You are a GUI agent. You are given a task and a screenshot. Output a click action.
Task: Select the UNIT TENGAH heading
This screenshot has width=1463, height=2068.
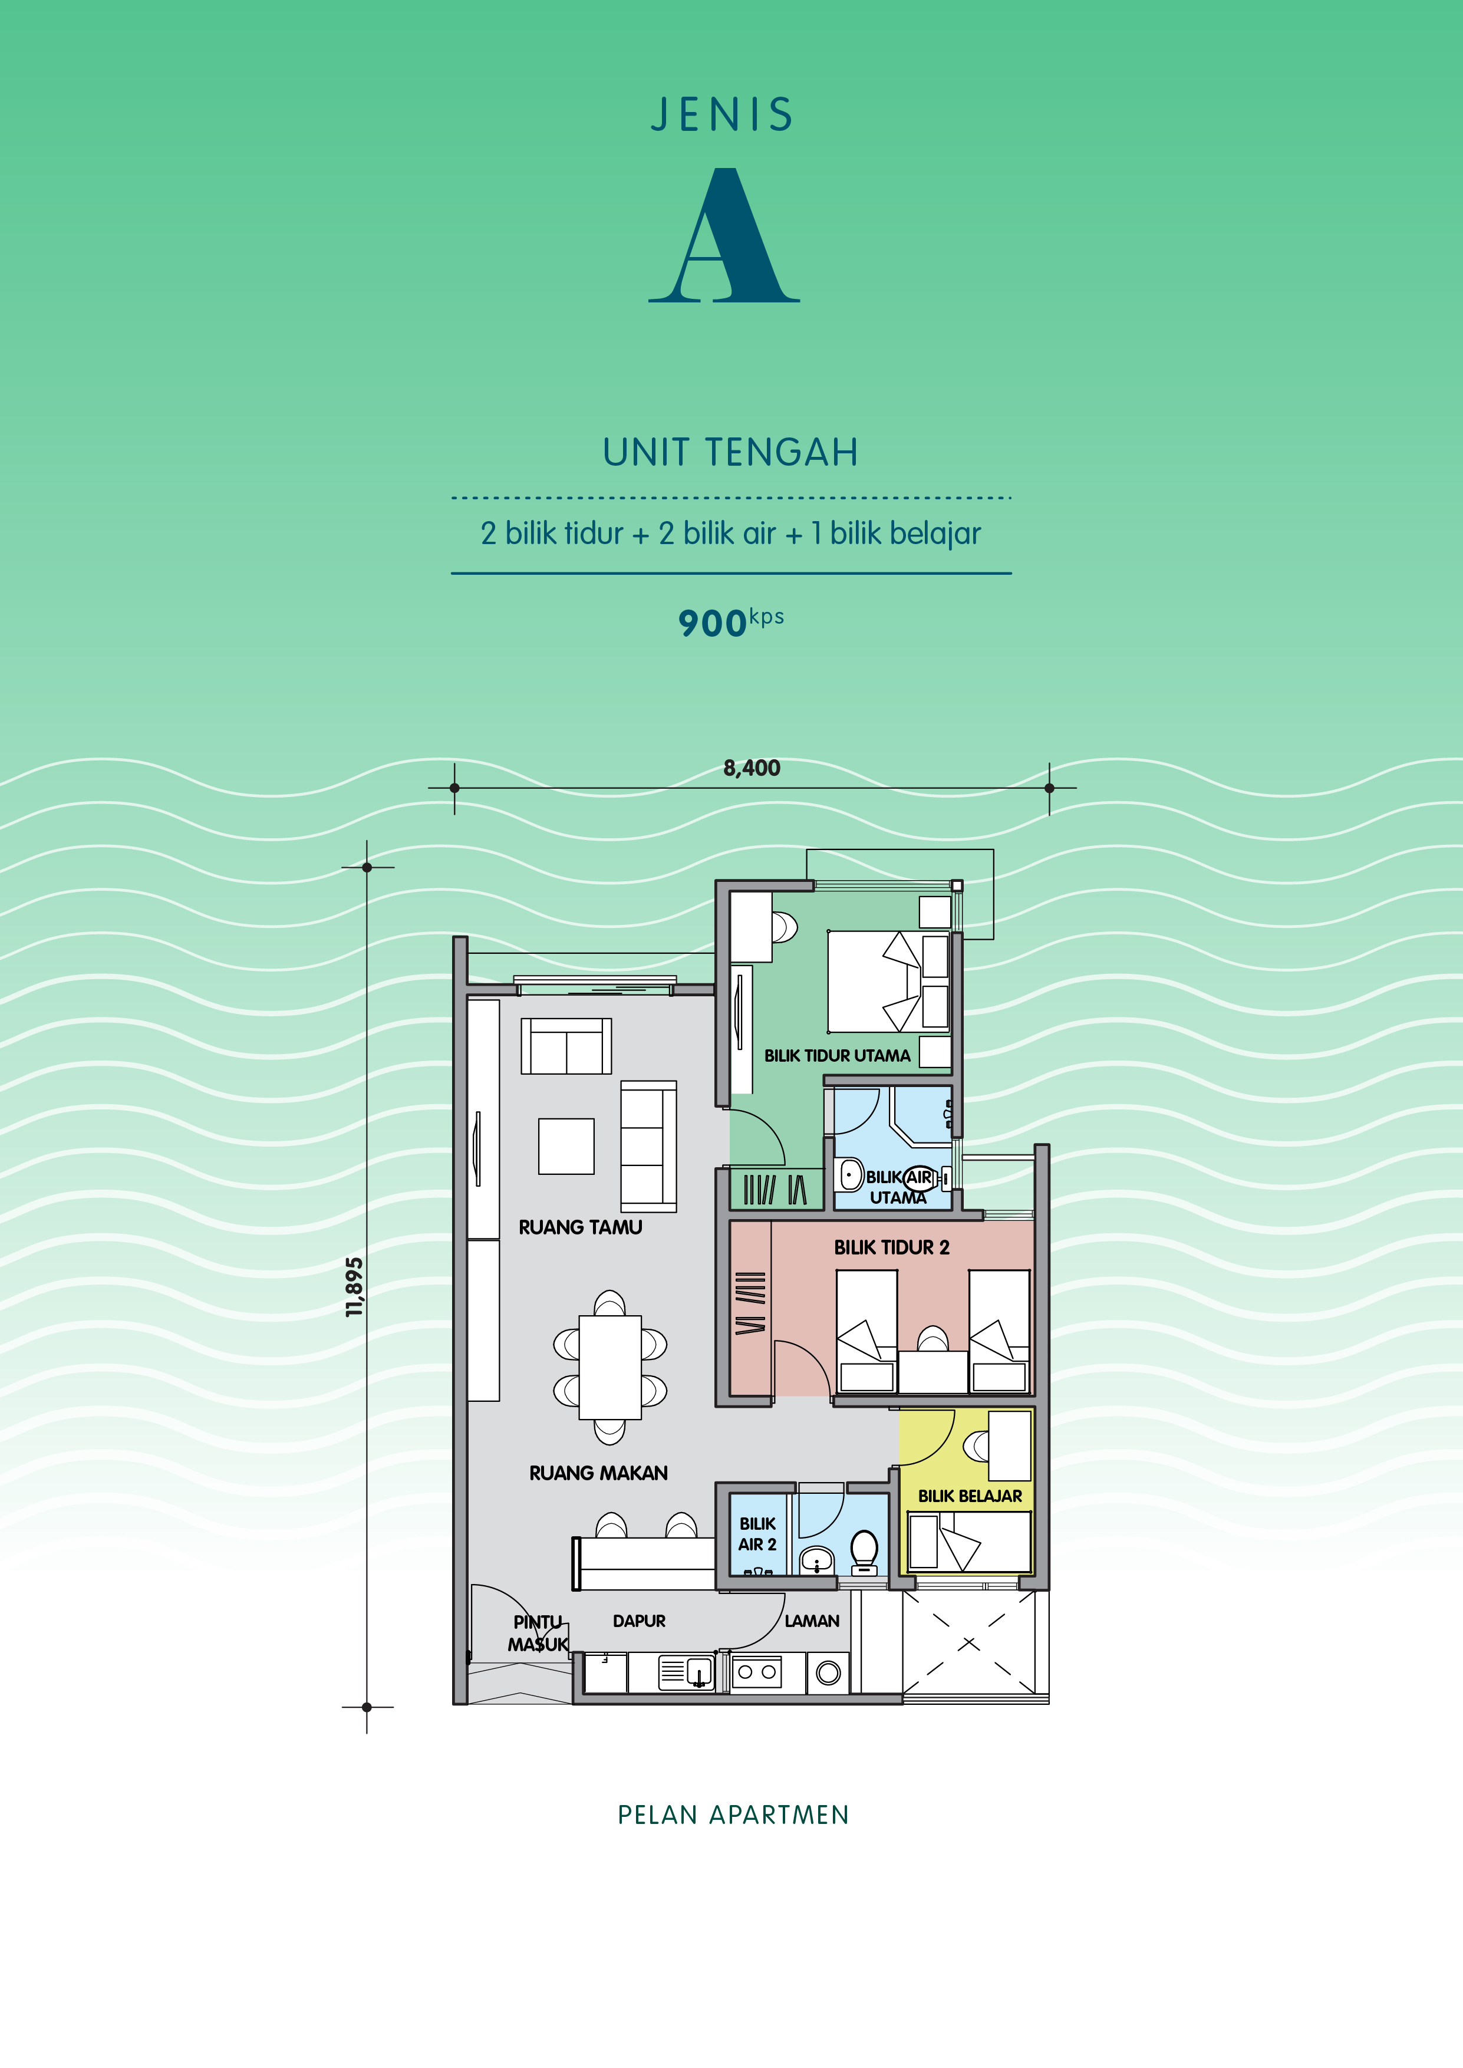coord(730,452)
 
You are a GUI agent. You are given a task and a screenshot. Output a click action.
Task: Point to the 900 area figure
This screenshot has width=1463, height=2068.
coord(711,623)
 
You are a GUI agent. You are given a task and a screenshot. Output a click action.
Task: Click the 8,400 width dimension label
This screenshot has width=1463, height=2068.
coord(752,768)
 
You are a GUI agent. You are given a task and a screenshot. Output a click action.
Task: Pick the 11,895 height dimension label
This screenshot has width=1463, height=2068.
coord(355,1287)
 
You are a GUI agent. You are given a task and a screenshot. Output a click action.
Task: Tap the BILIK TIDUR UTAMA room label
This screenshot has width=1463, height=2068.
coord(837,1056)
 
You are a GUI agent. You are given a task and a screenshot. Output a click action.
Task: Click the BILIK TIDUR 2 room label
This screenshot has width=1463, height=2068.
coord(891,1247)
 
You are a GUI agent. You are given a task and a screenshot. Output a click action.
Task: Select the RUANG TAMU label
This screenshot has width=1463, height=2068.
coord(580,1227)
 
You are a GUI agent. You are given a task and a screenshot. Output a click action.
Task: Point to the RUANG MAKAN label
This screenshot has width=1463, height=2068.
coord(598,1473)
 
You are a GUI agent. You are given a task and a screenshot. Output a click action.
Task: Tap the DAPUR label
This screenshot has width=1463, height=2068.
coord(639,1621)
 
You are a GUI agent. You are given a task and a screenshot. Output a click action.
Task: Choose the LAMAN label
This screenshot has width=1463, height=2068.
coord(812,1621)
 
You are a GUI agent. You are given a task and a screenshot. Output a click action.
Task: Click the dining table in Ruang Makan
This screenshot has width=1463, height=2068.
coord(610,1366)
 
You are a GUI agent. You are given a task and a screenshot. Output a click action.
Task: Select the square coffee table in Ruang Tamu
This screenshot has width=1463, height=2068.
coord(566,1145)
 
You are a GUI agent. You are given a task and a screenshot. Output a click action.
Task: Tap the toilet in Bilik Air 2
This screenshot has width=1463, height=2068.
coord(864,1551)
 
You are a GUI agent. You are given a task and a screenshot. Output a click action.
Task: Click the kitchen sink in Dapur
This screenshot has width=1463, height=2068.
coord(687,1672)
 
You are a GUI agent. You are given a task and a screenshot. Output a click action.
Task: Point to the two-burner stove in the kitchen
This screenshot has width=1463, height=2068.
coord(756,1672)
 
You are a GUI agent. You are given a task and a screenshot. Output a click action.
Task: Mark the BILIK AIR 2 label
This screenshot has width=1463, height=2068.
coord(757,1534)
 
